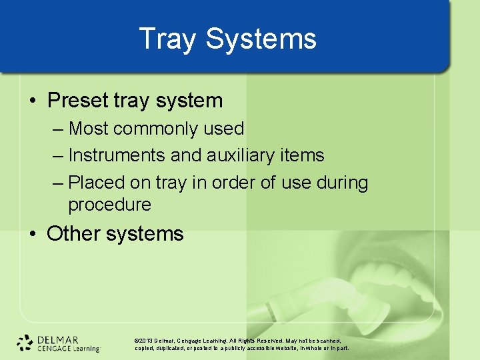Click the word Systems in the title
261,39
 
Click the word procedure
109,205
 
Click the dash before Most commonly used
57,129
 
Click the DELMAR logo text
59,339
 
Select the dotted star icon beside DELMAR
25,343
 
